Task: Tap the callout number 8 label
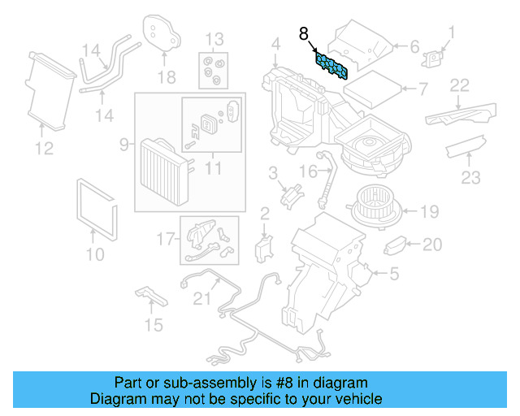[304, 34]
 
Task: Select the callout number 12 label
[44, 148]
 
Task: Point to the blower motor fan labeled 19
[375, 209]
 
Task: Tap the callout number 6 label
[414, 46]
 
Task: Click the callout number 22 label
[461, 85]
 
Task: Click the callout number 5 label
[394, 275]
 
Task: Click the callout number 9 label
[124, 144]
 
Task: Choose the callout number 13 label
[214, 39]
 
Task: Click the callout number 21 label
[201, 299]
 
